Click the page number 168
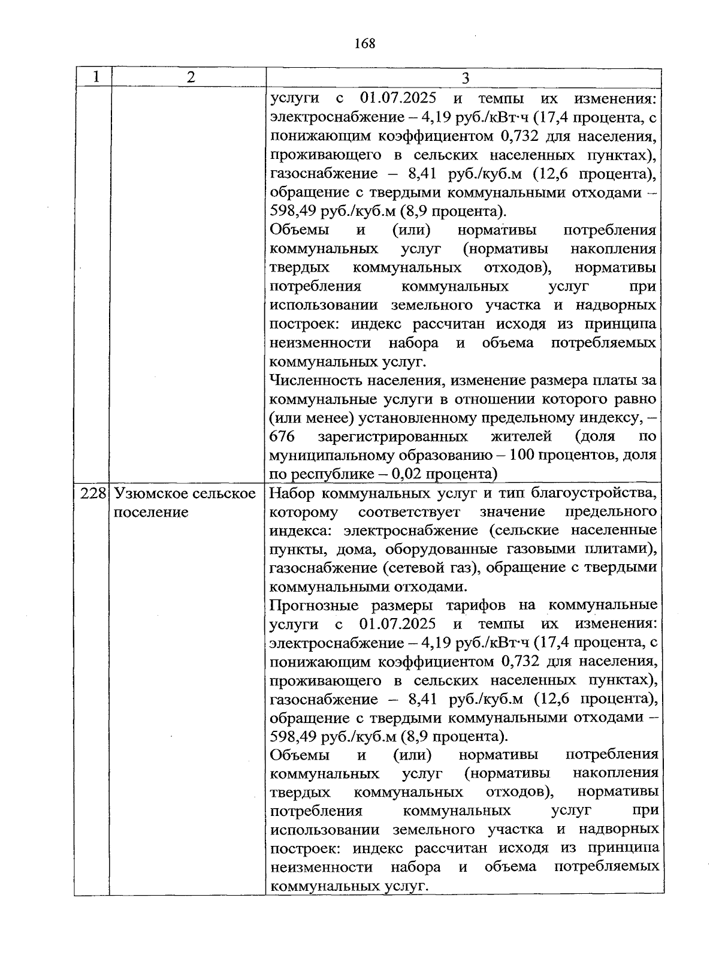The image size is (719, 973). tap(364, 44)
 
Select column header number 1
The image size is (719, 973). tap(95, 77)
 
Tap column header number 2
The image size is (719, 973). tap(190, 77)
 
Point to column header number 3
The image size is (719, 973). tap(465, 79)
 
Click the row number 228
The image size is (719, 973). tap(93, 493)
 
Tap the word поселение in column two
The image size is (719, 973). tap(151, 513)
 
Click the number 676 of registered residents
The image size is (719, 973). tap(282, 436)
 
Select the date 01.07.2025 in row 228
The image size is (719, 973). tap(398, 623)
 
